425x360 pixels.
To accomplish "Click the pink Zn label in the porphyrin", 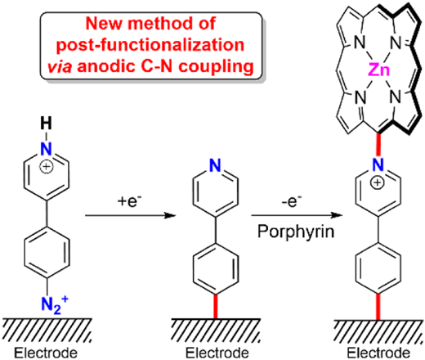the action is point(379,70).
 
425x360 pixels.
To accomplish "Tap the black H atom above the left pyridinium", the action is point(46,123).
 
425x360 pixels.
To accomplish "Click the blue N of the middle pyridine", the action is point(215,165).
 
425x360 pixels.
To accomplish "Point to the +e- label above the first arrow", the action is point(130,201).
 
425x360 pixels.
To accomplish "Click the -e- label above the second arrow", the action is point(292,201).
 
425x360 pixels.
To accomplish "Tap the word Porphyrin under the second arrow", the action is point(296,232).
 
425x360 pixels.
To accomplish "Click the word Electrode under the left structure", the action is point(46,353).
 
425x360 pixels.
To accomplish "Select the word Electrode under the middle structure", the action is point(217,353).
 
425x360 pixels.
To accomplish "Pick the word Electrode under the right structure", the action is point(378,353).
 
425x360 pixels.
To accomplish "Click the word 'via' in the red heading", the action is point(60,66).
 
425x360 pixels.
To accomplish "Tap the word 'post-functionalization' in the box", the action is point(150,45).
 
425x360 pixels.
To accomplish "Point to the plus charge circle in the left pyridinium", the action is point(47,167).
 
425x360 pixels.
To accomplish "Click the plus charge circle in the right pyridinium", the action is point(378,182).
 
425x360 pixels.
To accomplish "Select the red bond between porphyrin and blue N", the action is point(378,146).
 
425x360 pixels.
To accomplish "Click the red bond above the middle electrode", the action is point(216,306).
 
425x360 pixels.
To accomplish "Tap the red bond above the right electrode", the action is point(378,306).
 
